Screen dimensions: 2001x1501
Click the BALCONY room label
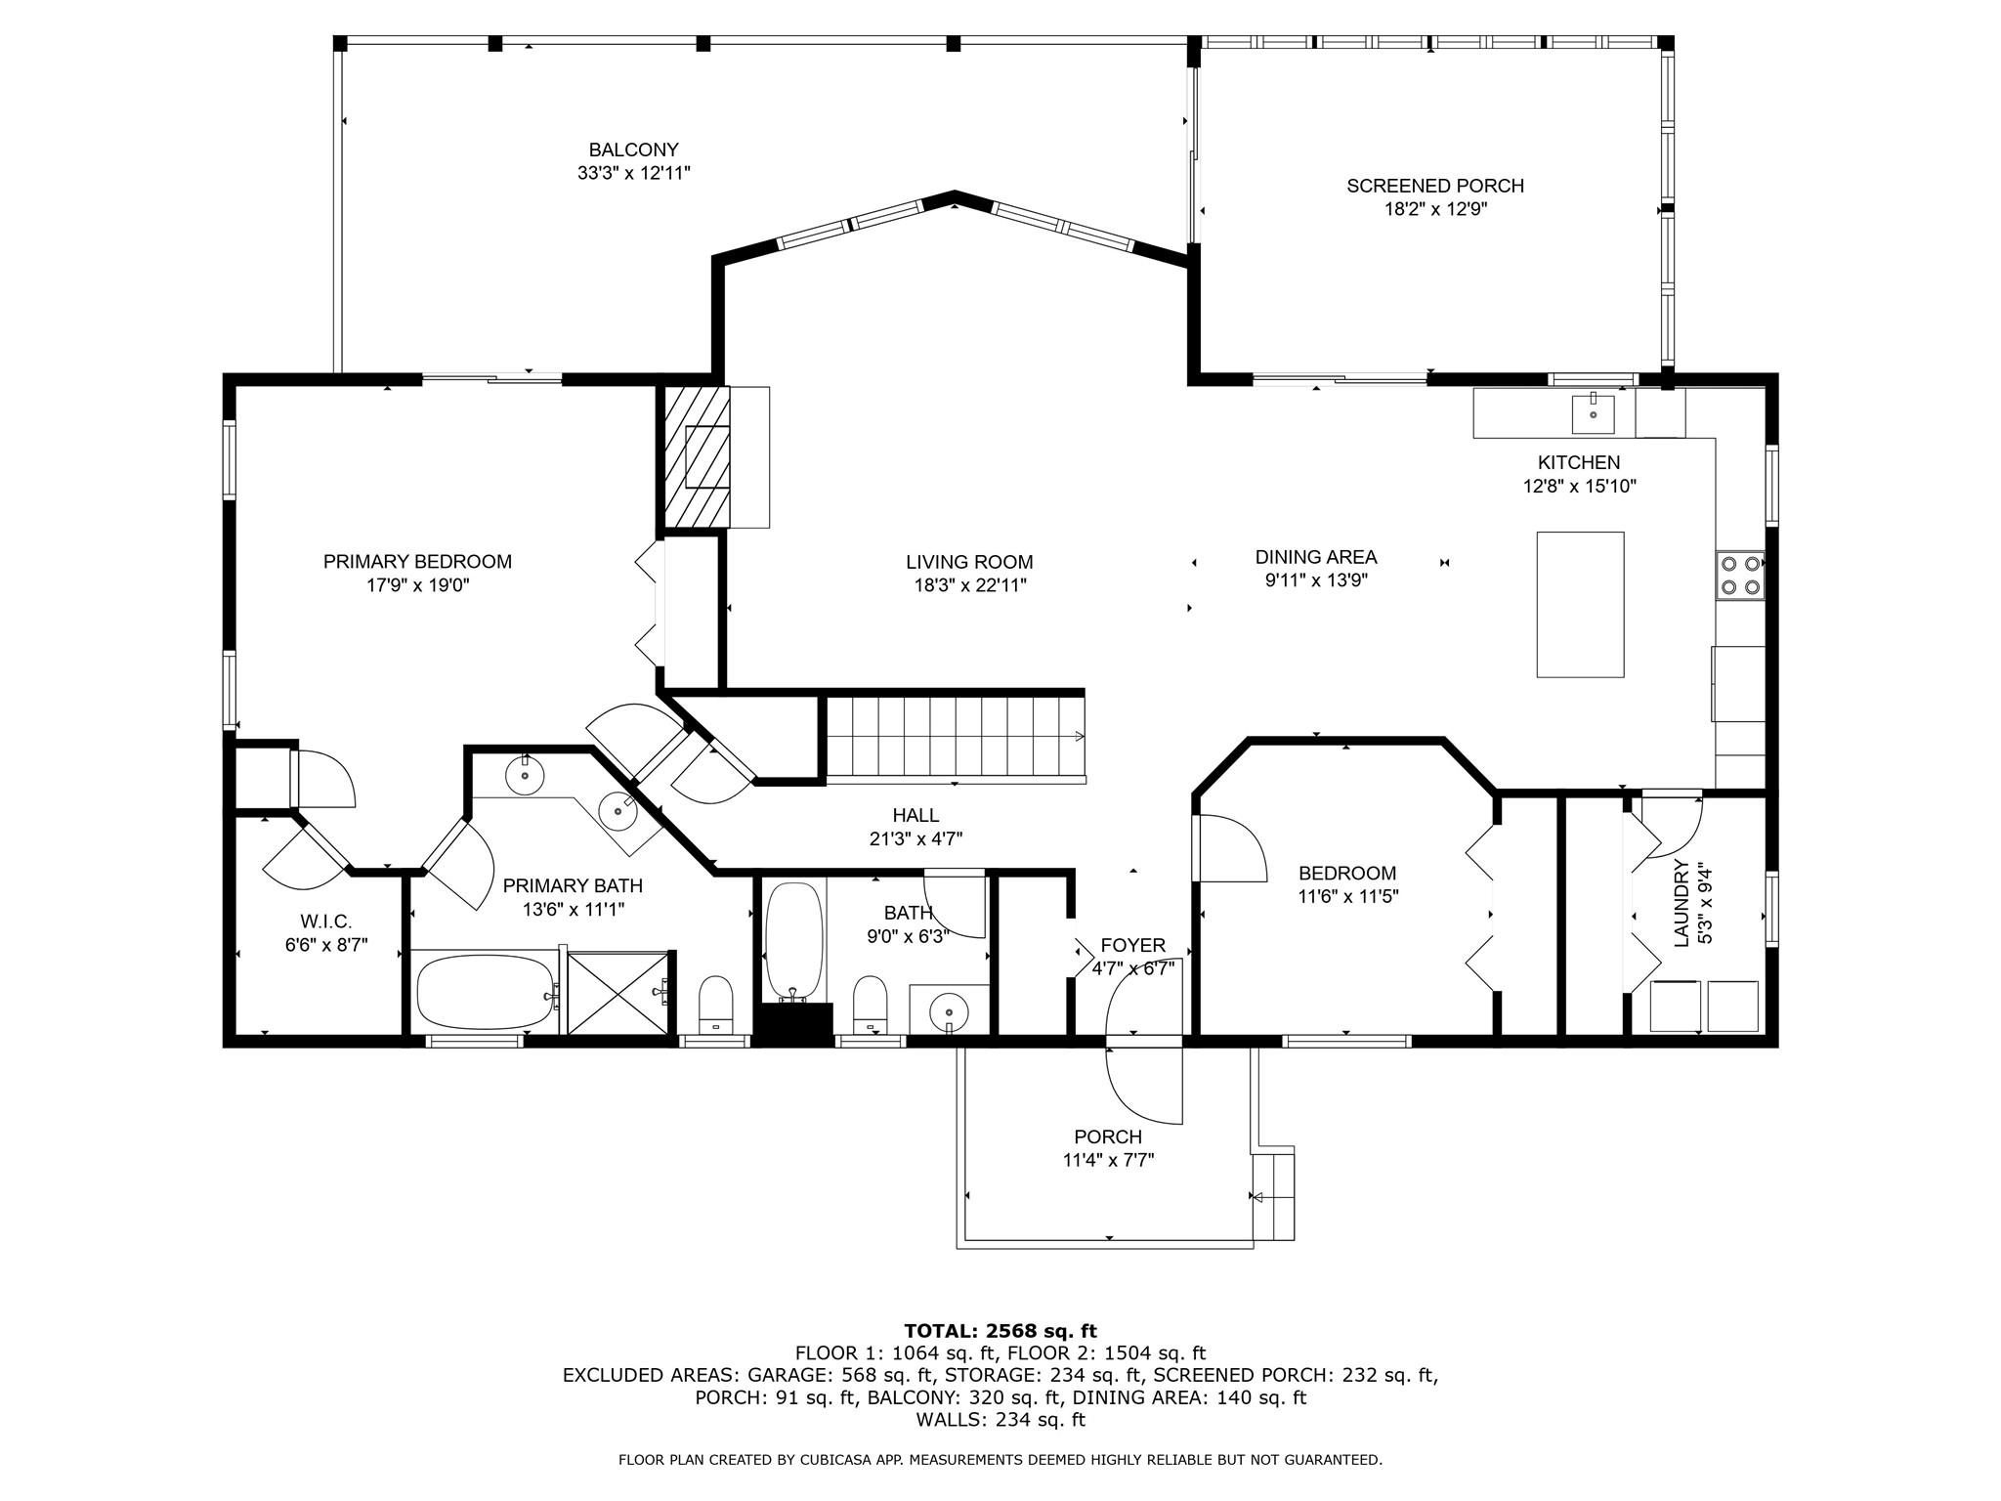pyautogui.click(x=633, y=150)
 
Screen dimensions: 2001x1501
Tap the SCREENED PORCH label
pyautogui.click(x=1435, y=186)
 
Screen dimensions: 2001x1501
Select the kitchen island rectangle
pyautogui.click(x=1580, y=604)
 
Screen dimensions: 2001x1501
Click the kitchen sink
pyautogui.click(x=1593, y=413)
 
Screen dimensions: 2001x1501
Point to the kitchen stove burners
pyautogui.click(x=1740, y=575)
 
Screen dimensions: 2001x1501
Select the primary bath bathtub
pyautogui.click(x=484, y=991)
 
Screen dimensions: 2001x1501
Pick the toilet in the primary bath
pyautogui.click(x=716, y=1004)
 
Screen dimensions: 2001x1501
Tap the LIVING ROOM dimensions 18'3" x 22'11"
pyautogui.click(x=969, y=585)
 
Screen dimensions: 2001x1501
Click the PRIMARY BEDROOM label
pyautogui.click(x=417, y=562)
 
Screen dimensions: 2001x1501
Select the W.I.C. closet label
pyautogui.click(x=325, y=922)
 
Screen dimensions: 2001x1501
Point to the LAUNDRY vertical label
pyautogui.click(x=1682, y=903)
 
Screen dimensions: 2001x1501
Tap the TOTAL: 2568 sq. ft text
pyautogui.click(x=1000, y=1331)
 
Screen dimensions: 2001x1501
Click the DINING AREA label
pyautogui.click(x=1316, y=557)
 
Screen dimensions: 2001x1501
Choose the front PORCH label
pyautogui.click(x=1108, y=1137)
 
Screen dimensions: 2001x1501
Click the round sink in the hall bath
pyautogui.click(x=948, y=1009)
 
